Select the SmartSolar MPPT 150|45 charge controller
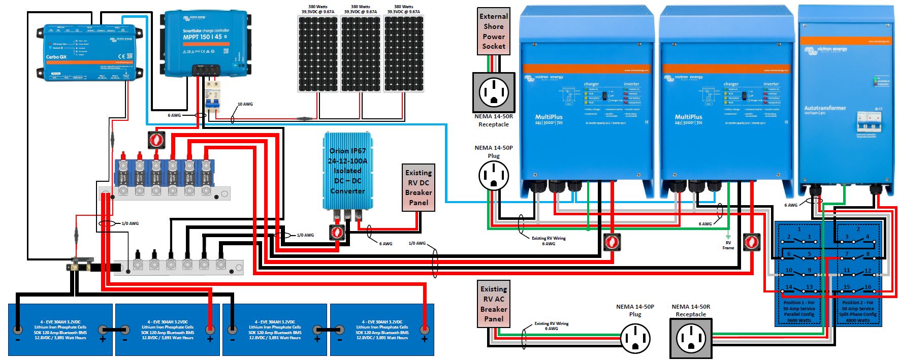coord(206,43)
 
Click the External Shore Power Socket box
coord(494,31)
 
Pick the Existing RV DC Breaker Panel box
coord(419,187)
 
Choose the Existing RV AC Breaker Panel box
coord(494,304)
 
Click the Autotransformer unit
coord(845,102)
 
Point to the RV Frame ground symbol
coord(728,237)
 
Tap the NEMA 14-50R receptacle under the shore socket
coord(494,92)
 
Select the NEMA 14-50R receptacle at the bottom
coord(691,338)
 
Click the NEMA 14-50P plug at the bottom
coord(635,338)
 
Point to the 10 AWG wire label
coord(245,104)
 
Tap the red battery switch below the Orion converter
coord(337,233)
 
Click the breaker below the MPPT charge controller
coord(212,96)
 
